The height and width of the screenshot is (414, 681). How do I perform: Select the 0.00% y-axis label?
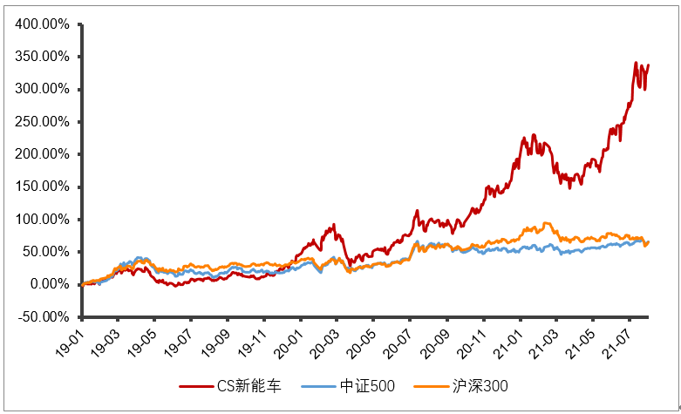(47, 284)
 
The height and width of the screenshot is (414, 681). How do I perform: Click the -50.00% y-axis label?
(42, 316)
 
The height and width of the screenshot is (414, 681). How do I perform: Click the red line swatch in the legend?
(196, 385)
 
